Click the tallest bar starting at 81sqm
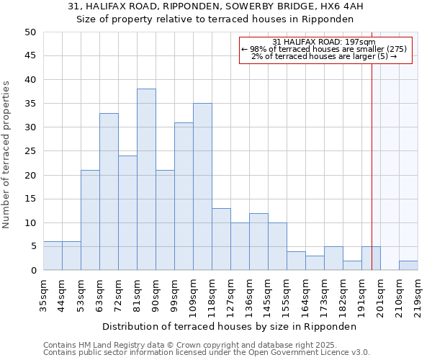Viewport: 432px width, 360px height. (146, 179)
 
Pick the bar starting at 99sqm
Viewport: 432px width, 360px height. (184, 196)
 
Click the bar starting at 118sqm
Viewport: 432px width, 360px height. (221, 239)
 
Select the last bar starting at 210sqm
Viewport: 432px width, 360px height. (408, 266)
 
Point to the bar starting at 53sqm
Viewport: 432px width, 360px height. (90, 220)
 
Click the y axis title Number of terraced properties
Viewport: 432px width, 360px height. (7, 155)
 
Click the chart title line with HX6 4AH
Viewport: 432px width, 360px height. (216, 6)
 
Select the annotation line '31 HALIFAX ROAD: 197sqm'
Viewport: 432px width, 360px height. (324, 42)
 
